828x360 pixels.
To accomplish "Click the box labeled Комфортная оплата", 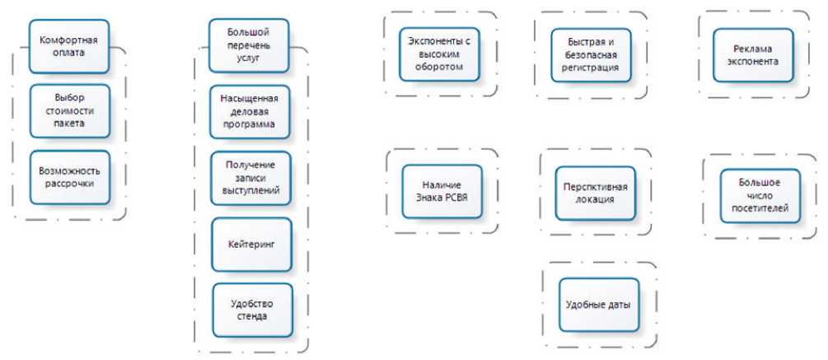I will point(69,46).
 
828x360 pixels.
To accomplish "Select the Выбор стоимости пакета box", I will point(69,110).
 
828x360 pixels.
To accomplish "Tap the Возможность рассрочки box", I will point(69,177).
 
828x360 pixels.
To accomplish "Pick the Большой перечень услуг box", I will point(248,45).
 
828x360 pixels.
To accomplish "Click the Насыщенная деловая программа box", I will point(249,111).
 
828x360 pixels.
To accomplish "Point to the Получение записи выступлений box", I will point(250,178).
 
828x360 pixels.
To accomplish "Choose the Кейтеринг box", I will point(251,245).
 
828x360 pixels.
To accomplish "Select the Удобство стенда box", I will point(251,310).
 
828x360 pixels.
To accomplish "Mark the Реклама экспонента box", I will point(753,55).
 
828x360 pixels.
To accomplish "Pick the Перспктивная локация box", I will point(596,193).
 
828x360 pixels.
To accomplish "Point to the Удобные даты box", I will point(599,305).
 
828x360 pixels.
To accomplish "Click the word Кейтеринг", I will point(251,245).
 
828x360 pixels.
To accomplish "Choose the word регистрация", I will point(592,68).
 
